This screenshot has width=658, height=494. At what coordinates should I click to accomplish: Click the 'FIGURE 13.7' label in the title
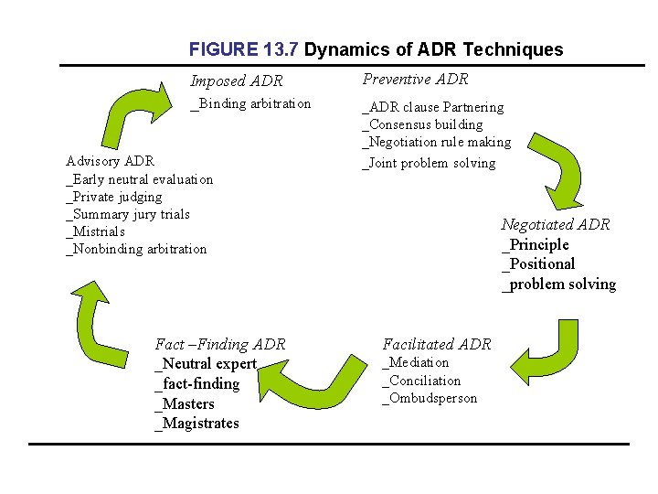[x=243, y=49]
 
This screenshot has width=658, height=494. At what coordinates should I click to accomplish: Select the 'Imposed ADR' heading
[x=237, y=81]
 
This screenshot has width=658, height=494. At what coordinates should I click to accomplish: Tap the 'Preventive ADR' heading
[x=415, y=80]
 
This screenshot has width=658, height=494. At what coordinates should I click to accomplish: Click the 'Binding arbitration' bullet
[x=250, y=103]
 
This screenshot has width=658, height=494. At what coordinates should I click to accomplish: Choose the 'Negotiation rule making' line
[x=437, y=142]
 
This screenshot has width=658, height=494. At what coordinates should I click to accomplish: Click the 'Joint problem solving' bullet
[x=429, y=163]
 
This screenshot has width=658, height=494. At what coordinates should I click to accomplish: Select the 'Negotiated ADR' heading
[x=555, y=224]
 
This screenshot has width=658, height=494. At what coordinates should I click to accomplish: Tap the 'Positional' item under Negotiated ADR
[x=538, y=263]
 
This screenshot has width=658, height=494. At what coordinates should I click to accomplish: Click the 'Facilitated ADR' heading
[x=436, y=344]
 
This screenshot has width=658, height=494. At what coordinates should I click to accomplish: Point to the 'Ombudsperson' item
[x=430, y=398]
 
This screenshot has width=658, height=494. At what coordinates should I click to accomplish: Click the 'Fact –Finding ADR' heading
[x=220, y=344]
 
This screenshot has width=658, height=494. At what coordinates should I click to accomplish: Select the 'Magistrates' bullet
[x=196, y=423]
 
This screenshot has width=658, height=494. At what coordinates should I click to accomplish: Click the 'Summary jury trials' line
[x=128, y=214]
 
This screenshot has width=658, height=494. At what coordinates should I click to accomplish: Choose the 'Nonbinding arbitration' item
[x=136, y=249]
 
